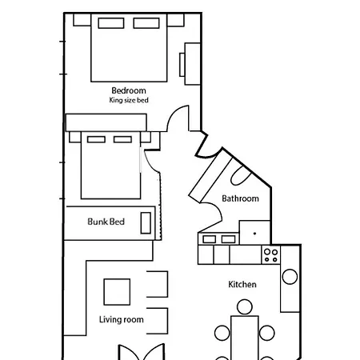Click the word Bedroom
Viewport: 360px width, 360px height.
coord(129,90)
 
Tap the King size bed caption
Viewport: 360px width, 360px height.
coord(129,100)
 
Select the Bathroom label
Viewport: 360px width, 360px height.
coord(240,198)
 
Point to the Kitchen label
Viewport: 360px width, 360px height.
coord(242,284)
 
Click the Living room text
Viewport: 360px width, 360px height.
coord(122,319)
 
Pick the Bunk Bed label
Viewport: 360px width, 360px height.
coord(106,222)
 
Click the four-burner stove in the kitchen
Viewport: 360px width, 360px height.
coord(271,255)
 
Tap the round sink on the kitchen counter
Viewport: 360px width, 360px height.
coord(290,277)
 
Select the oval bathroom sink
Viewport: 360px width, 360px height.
coord(241,175)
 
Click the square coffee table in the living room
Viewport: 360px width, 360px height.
coord(117,292)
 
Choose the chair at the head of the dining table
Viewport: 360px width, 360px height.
coord(245,307)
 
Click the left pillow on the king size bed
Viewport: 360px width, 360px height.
coord(111,23)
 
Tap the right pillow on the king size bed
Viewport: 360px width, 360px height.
coord(146,23)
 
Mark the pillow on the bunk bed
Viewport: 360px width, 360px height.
coord(146,223)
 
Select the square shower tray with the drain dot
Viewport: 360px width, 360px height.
coord(255,232)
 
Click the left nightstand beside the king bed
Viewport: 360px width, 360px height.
coord(82,20)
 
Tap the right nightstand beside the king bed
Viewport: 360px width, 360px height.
coord(175,20)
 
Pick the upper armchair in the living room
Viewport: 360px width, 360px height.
coord(158,284)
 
